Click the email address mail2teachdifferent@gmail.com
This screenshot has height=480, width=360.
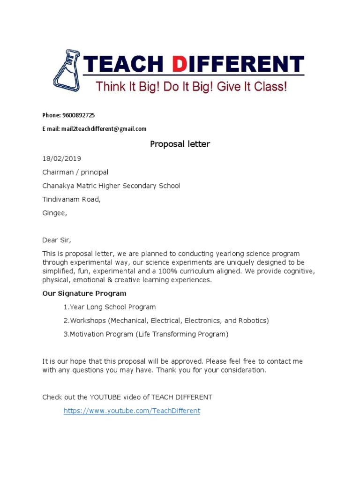pyautogui.click(x=104, y=129)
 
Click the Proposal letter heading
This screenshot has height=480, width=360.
pyautogui.click(x=180, y=144)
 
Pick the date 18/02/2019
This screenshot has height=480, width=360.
pyautogui.click(x=58, y=159)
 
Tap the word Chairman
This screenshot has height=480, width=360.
pyautogui.click(x=59, y=172)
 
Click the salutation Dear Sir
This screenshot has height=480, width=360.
pyautogui.click(x=56, y=240)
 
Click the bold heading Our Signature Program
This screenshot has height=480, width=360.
pyautogui.click(x=84, y=293)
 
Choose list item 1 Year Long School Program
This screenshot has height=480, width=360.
pyautogui.click(x=110, y=307)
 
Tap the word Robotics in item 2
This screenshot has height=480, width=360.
pyautogui.click(x=252, y=321)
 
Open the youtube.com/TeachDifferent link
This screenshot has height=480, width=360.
pyautogui.click(x=132, y=411)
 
